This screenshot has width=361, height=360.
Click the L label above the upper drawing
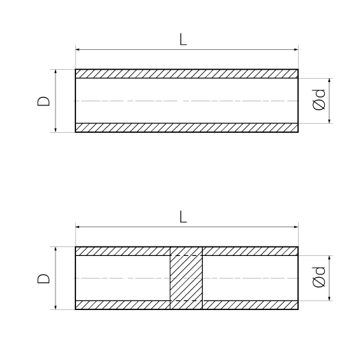pyautogui.click(x=184, y=40)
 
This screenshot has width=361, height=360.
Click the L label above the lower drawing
pyautogui.click(x=184, y=217)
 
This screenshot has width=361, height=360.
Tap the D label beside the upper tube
pyautogui.click(x=43, y=101)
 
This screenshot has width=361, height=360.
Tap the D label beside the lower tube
pyautogui.click(x=43, y=279)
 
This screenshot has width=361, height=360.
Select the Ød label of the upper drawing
pyautogui.click(x=319, y=99)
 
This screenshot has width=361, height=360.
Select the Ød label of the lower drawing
pyautogui.click(x=319, y=277)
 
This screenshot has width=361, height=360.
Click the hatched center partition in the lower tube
pyautogui.click(x=186, y=278)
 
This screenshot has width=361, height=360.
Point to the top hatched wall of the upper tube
pyautogui.click(x=187, y=74)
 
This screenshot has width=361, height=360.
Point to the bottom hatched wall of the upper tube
pyautogui.click(x=187, y=128)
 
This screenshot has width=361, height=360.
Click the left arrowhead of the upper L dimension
pyautogui.click(x=77, y=49)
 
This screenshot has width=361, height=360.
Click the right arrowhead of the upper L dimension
pyautogui.click(x=296, y=49)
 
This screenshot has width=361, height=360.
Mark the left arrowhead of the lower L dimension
pyautogui.click(x=77, y=227)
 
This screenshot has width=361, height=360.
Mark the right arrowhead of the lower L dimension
pyautogui.click(x=296, y=227)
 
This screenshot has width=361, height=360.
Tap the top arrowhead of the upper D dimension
pyautogui.click(x=55, y=72)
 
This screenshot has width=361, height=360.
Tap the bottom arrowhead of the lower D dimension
pyautogui.click(x=55, y=307)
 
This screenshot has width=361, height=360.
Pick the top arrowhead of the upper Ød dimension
pyautogui.click(x=329, y=81)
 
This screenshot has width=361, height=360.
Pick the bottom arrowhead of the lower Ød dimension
pyautogui.click(x=329, y=298)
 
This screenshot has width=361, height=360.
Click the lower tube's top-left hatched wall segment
pyautogui.click(x=123, y=251)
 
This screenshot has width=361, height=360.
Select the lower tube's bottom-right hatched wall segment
pyautogui.click(x=250, y=305)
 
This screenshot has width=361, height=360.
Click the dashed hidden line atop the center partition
pyautogui.click(x=186, y=255)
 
